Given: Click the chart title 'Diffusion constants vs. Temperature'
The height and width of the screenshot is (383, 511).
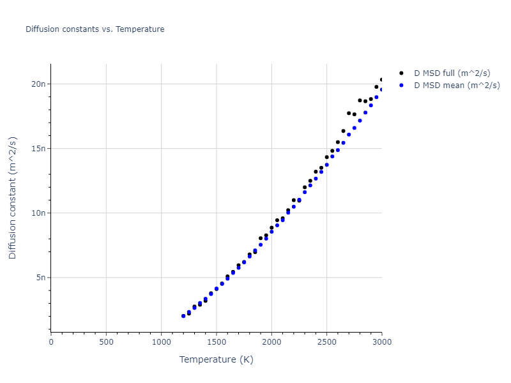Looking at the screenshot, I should click(x=95, y=29).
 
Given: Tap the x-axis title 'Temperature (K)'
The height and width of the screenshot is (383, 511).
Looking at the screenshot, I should click(x=216, y=360).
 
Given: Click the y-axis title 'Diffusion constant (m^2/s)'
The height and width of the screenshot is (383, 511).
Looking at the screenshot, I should click(x=13, y=198).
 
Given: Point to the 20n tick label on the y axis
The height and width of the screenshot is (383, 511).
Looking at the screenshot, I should click(x=38, y=84).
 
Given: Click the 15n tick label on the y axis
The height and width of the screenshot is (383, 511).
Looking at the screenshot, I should click(x=38, y=149).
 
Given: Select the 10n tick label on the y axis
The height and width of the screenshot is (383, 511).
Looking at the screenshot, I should click(x=38, y=213).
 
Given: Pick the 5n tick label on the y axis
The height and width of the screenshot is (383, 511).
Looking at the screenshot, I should click(x=41, y=278).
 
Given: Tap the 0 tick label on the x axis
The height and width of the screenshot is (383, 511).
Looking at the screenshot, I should click(x=51, y=342).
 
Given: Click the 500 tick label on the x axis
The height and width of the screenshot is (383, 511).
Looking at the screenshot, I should click(x=106, y=342).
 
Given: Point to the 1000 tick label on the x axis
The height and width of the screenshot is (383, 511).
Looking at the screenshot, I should click(x=161, y=342).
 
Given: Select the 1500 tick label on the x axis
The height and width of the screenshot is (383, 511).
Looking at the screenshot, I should click(x=217, y=342).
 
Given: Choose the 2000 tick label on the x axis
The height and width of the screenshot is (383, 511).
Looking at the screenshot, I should click(x=271, y=342).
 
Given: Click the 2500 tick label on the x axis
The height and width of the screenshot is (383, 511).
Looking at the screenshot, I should click(x=326, y=342).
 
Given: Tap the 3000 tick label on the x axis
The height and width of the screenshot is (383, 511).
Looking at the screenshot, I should click(x=381, y=342).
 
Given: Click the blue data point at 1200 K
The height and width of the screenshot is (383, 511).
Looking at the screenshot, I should click(x=183, y=316).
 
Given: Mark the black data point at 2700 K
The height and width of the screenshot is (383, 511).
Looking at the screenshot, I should click(x=349, y=113).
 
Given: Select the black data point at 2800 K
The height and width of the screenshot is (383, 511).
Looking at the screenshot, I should click(x=360, y=100).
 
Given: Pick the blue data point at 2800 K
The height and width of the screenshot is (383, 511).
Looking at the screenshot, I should click(x=360, y=121).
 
